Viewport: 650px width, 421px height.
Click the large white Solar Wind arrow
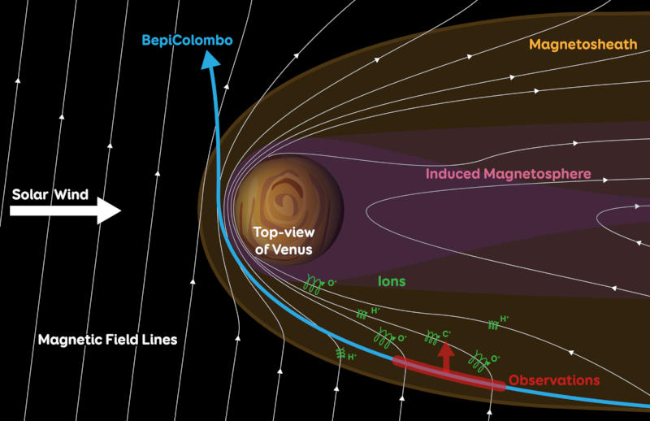tap(65, 212)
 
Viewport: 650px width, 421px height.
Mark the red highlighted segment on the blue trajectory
tap(448, 373)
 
